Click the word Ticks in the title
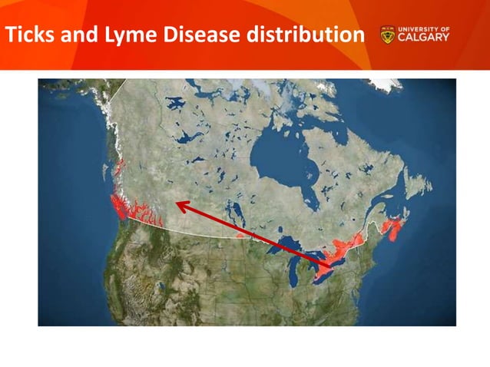[30, 35]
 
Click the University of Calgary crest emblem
[387, 35]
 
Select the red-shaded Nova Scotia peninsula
[392, 228]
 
